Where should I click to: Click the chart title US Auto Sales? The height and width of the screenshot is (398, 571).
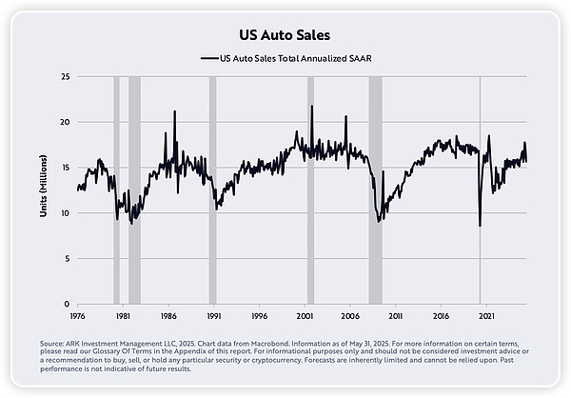(x=285, y=35)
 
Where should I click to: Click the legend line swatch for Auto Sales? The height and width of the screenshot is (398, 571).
(x=208, y=58)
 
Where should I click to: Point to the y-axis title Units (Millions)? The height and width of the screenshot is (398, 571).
(x=44, y=190)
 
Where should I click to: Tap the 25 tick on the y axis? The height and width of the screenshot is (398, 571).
(x=66, y=76)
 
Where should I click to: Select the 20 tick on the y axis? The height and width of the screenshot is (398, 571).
(x=66, y=122)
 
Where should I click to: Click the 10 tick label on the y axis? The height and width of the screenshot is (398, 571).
(x=66, y=212)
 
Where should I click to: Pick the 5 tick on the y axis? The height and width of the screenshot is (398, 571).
(x=68, y=258)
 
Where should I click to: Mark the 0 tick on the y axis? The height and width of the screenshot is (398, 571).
(x=68, y=304)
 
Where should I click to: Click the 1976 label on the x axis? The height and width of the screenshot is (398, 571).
(x=78, y=314)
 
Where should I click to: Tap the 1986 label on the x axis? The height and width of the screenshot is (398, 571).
(x=168, y=314)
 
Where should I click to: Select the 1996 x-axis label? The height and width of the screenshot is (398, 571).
(x=259, y=314)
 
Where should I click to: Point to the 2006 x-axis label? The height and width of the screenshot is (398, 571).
(x=349, y=314)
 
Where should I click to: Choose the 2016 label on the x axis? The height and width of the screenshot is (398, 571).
(x=441, y=314)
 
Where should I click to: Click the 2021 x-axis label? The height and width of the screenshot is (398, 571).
(x=485, y=314)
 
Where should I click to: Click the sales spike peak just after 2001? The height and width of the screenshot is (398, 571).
(x=311, y=106)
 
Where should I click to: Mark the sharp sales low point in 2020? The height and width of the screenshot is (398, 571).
(x=480, y=226)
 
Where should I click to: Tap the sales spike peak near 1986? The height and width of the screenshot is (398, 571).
(x=174, y=111)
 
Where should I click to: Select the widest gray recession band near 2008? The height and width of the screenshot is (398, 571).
(x=375, y=190)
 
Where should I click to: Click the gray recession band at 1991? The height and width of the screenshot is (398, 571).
(x=212, y=190)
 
